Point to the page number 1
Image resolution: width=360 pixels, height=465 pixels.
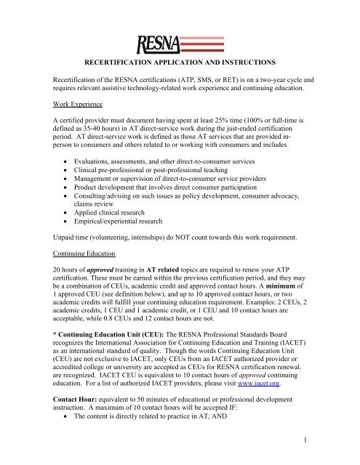(341, 446)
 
